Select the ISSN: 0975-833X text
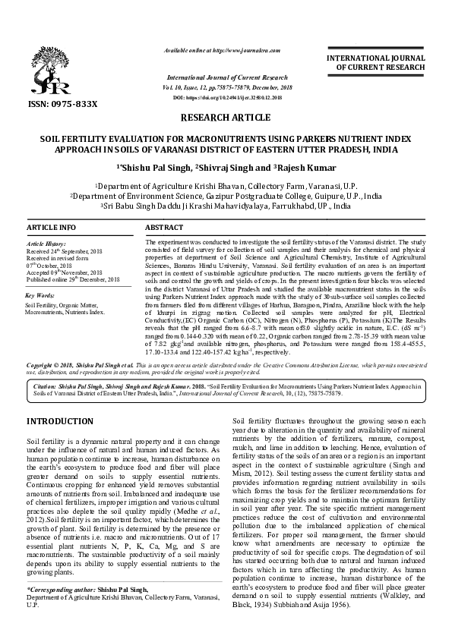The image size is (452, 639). [57, 103]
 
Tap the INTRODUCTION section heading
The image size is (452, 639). [60, 421]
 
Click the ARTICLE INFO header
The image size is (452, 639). [51, 228]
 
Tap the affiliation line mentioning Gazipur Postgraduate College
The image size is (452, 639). [226, 196]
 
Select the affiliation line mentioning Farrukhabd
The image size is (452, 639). [226, 206]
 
